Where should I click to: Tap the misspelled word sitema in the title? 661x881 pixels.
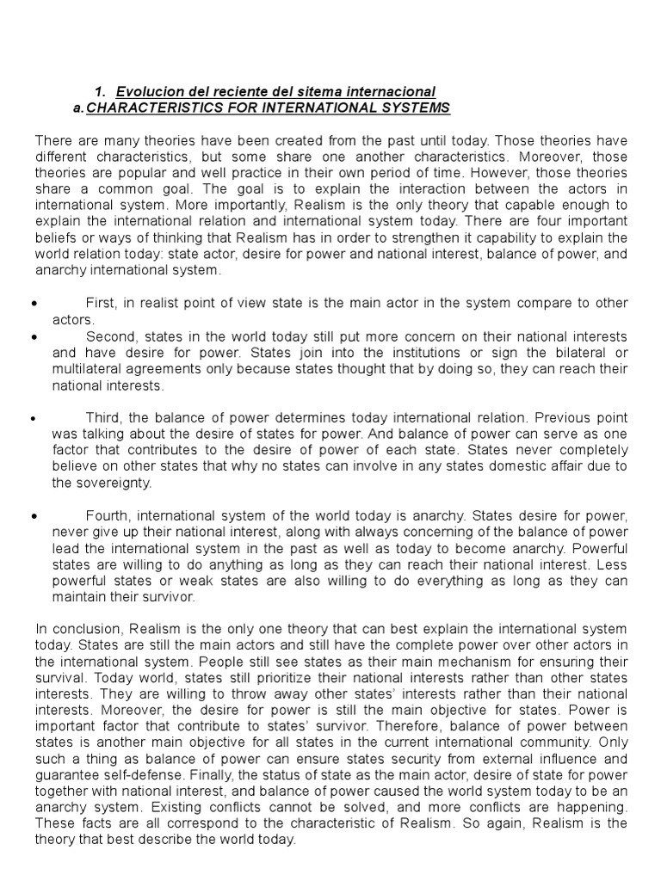[x=306, y=92]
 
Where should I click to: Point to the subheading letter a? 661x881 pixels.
[x=79, y=108]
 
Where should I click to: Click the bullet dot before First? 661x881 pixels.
[x=33, y=304]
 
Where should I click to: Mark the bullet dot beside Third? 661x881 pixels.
[x=33, y=418]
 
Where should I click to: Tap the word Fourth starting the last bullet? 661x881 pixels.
[x=108, y=516]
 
